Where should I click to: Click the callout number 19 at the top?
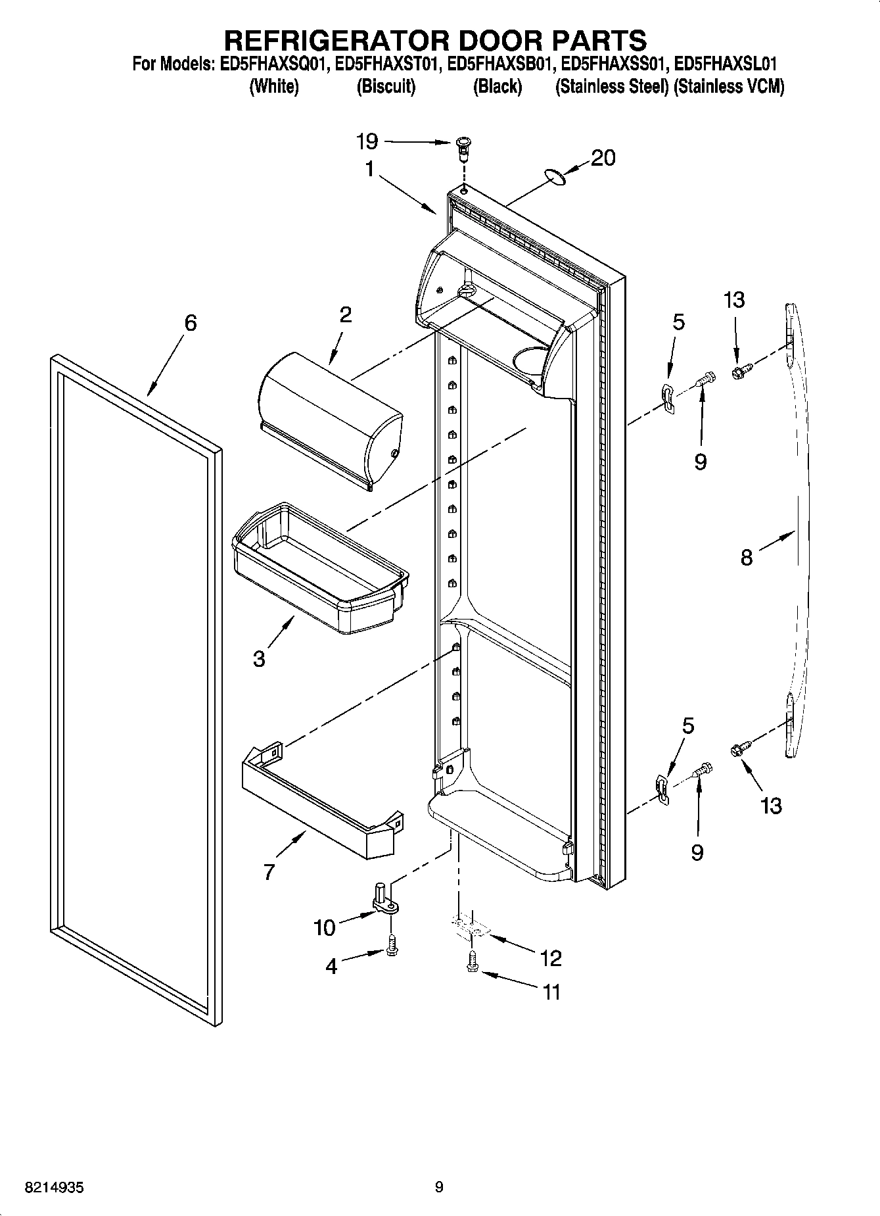coord(367,141)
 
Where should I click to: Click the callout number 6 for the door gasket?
coord(190,323)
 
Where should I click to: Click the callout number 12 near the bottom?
coord(551,958)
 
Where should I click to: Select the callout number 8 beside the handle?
coord(747,558)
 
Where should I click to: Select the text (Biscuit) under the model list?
coord(386,87)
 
